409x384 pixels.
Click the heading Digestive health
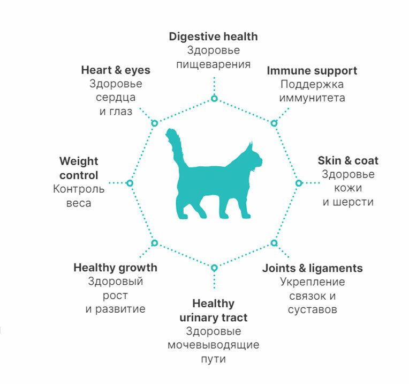[x=213, y=36]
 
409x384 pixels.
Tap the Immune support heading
[x=312, y=70]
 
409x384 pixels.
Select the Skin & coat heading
[x=348, y=160]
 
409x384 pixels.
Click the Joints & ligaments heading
[x=312, y=268]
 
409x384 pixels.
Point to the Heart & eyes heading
[x=116, y=70]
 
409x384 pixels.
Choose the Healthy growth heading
[x=115, y=267]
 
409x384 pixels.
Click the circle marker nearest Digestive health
[x=214, y=98]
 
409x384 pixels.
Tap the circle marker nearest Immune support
[x=274, y=123]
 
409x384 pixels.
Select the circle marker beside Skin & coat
[x=299, y=183]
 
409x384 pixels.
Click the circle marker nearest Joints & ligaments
[x=274, y=243]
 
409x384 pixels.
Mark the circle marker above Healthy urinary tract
[x=214, y=268]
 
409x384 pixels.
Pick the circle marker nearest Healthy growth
[x=154, y=243]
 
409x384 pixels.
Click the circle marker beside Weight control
[x=130, y=183]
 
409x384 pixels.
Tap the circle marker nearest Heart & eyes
[x=154, y=123]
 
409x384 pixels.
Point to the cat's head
[x=253, y=158]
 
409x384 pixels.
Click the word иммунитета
[x=312, y=98]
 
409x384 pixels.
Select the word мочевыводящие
[x=213, y=345]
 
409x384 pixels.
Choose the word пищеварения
[x=213, y=64]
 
